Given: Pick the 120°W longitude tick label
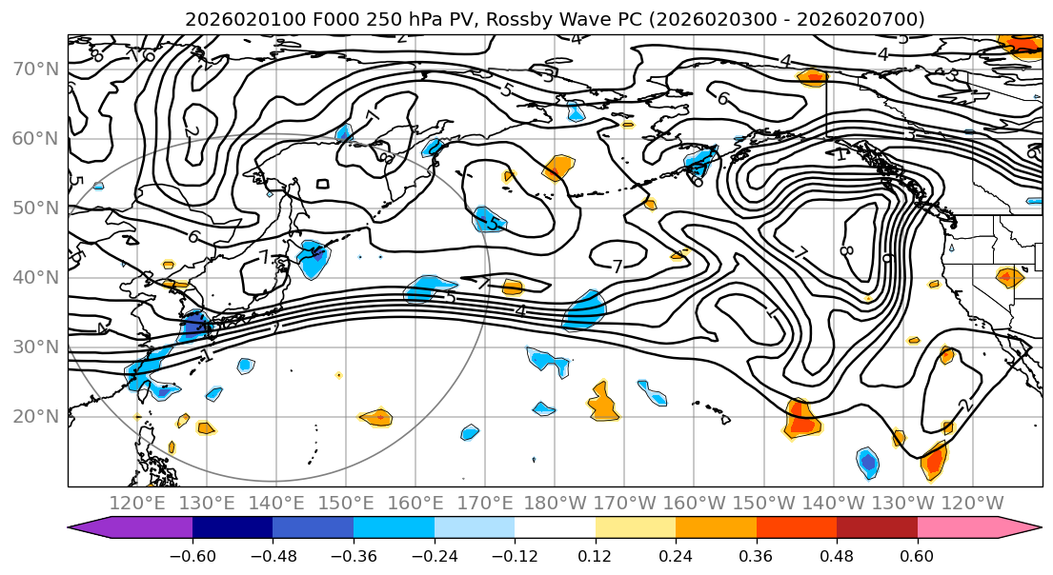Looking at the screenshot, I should point(973,503).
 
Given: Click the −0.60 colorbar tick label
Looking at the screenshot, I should point(192,554).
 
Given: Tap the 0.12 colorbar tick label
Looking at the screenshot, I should point(596,554).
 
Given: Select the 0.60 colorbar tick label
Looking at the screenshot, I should point(918,554).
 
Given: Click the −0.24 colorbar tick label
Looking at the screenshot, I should point(434,554).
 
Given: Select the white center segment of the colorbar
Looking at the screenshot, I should point(555,528).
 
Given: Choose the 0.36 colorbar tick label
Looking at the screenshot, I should point(757,554).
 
